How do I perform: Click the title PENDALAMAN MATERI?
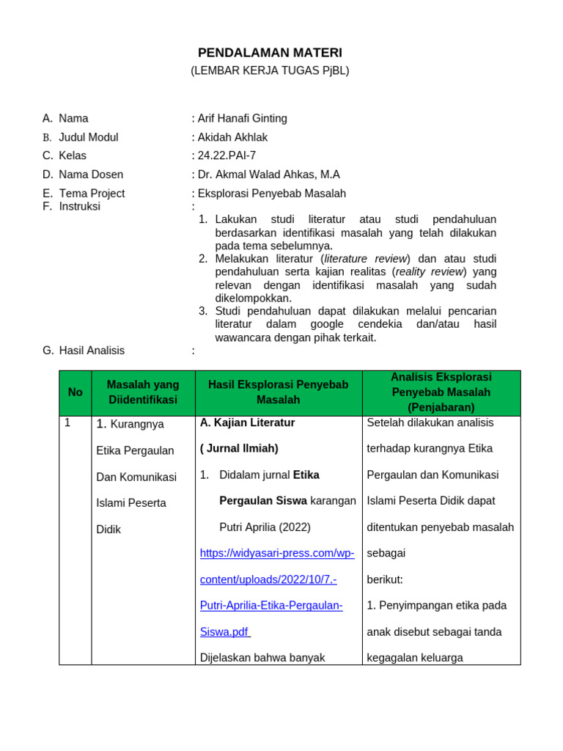tap(270, 53)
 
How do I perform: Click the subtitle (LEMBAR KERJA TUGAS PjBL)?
tap(270, 70)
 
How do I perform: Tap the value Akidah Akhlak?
tap(232, 137)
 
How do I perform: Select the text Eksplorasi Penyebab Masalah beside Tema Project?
tap(271, 194)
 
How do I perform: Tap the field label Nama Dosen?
tap(91, 175)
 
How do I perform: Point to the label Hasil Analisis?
tap(92, 351)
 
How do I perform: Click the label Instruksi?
tap(79, 206)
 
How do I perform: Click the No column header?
tap(76, 392)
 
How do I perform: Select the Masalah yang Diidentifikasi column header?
tap(143, 392)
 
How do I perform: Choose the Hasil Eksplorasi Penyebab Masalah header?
tap(279, 392)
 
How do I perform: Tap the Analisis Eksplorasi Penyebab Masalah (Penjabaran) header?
tap(441, 392)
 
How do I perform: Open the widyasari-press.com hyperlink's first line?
tap(277, 553)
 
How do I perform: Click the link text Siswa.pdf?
tap(224, 631)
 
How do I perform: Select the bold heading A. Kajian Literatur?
tap(247, 422)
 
